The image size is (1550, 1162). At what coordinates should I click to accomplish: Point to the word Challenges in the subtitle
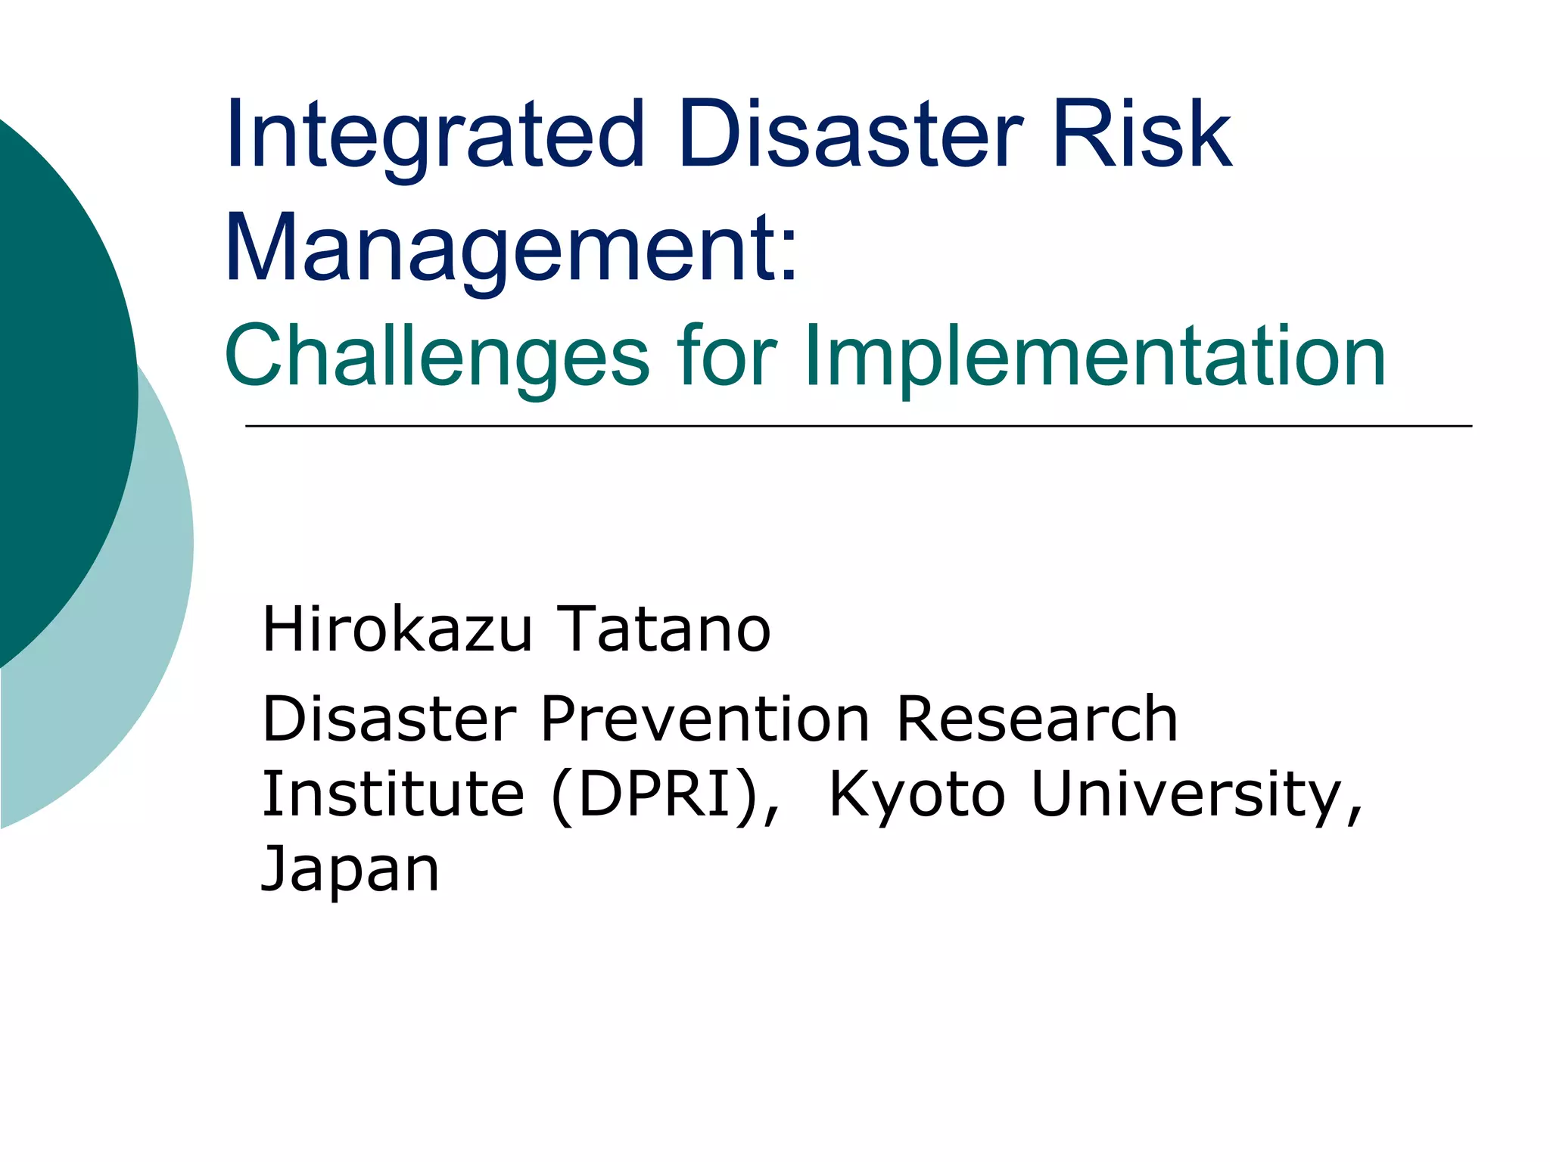(437, 356)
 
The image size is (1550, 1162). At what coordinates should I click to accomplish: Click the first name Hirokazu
(397, 629)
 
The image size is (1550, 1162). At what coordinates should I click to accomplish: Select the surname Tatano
(663, 629)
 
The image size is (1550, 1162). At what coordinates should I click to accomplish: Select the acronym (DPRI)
(655, 795)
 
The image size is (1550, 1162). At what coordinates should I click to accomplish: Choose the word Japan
(350, 870)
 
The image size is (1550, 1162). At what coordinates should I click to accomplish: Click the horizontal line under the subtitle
(858, 427)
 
